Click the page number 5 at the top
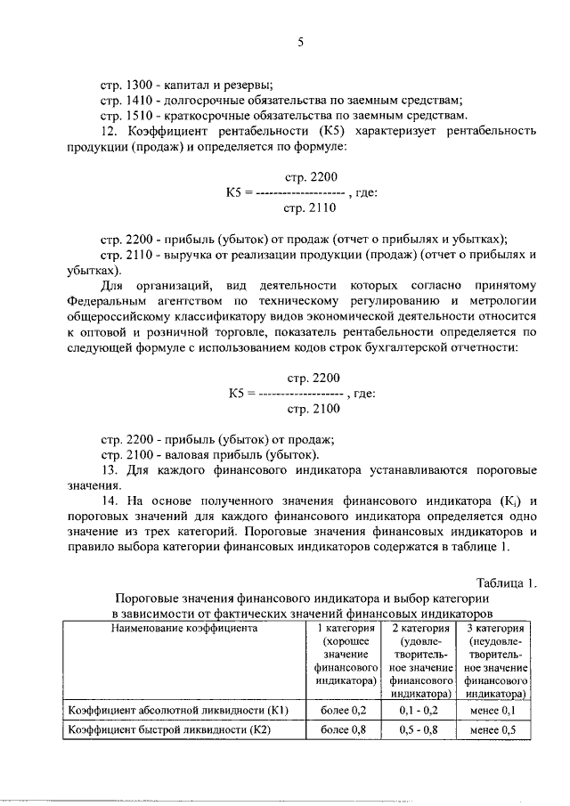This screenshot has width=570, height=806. click(300, 42)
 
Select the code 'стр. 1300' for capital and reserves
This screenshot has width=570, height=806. click(127, 86)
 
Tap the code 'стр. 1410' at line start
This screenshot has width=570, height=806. click(127, 101)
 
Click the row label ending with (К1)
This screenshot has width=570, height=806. click(182, 710)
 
